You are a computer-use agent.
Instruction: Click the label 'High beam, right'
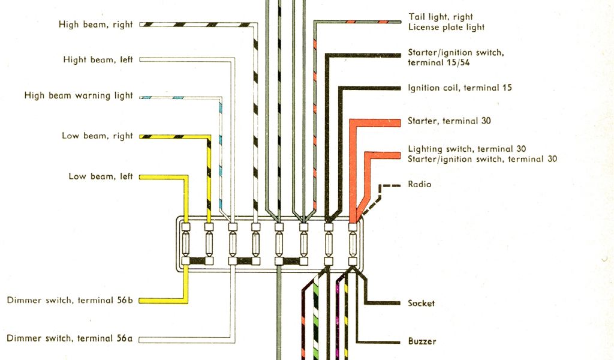pos(95,25)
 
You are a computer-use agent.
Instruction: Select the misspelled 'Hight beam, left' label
pos(98,60)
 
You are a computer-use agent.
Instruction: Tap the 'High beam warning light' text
pos(79,95)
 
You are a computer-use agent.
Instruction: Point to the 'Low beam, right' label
pos(97,136)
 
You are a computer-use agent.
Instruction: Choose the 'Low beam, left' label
pos(100,176)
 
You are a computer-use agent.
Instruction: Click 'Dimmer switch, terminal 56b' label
pos(70,300)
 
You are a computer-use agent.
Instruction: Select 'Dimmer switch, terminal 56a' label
pos(70,338)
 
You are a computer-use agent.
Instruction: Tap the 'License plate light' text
pos(446,28)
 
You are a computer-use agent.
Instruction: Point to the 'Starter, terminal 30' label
pos(449,121)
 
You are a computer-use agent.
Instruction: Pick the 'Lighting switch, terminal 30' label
pos(467,149)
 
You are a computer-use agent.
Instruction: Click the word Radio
pos(419,184)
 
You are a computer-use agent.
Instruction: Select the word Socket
pos(421,304)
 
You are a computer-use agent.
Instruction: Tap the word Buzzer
pos(422,341)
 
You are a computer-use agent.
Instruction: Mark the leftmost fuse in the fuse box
pos(186,244)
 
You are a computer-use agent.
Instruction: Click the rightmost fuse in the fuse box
pos(353,244)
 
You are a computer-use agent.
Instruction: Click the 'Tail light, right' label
pos(440,17)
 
